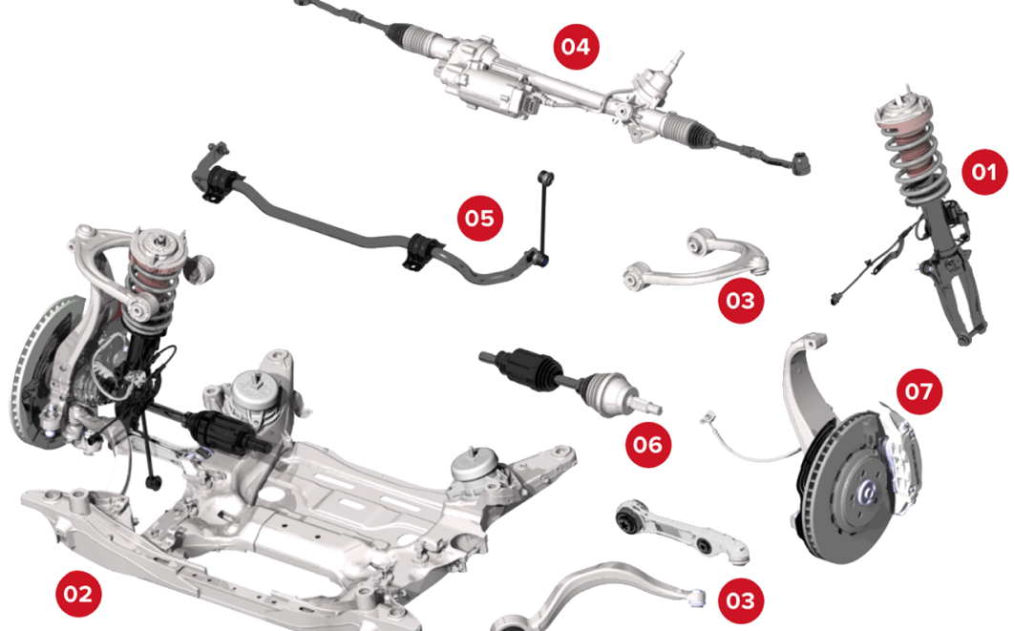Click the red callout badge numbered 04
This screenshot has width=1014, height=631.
[x=576, y=46]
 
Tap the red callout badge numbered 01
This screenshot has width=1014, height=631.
[x=983, y=172]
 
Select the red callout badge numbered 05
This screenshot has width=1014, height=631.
[x=480, y=219]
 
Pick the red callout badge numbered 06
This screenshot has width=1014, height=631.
[x=647, y=445]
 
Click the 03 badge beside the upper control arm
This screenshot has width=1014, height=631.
[x=740, y=301]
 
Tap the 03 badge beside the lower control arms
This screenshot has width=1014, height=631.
[x=740, y=600]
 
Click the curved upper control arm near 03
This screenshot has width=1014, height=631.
[x=697, y=263]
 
